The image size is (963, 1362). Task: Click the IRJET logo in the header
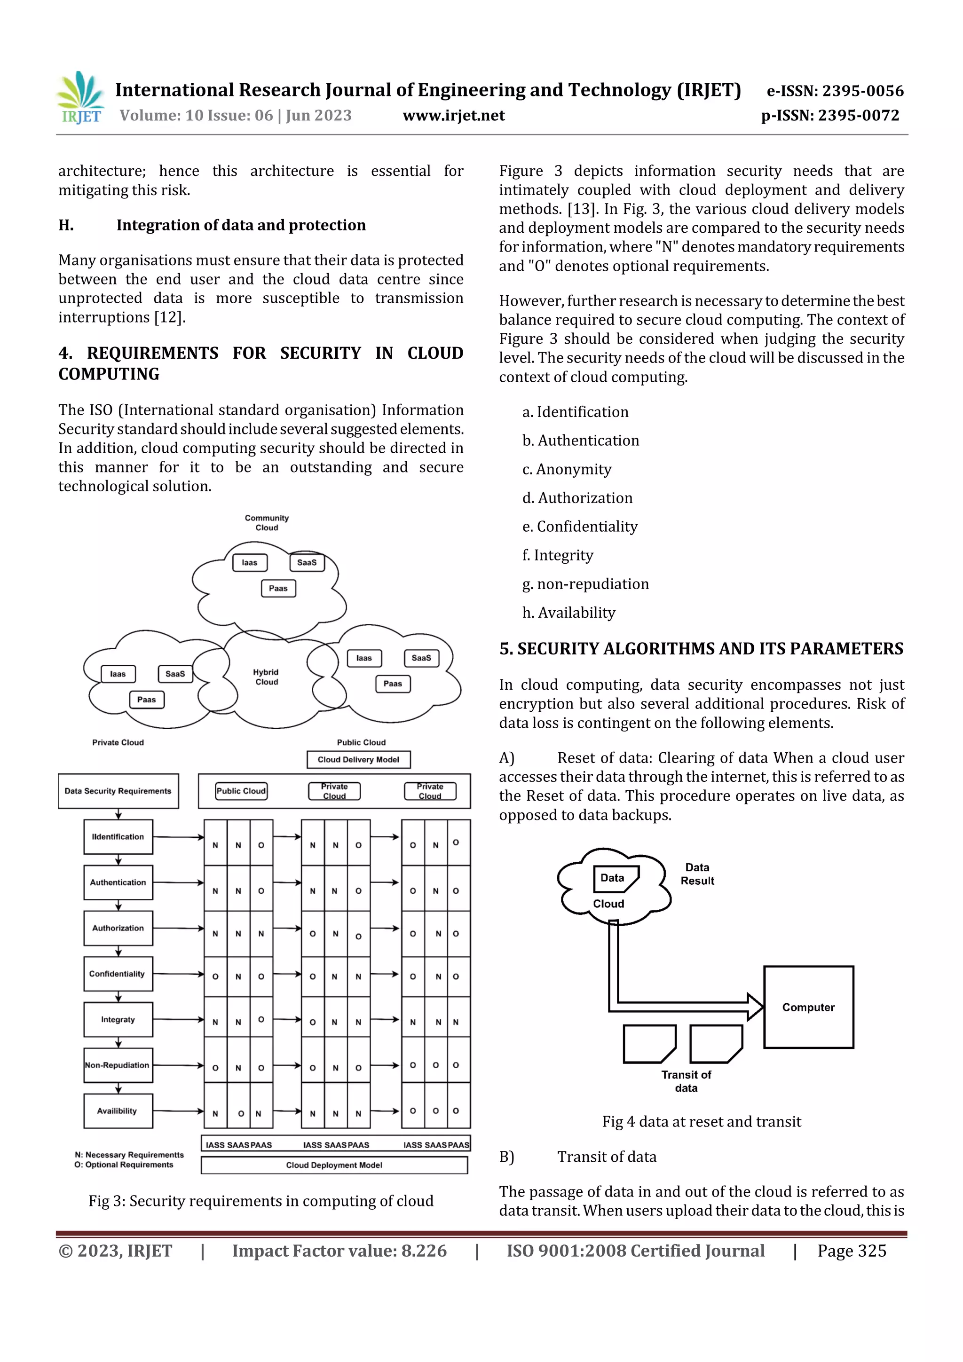point(81,98)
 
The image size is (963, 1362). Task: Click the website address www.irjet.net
point(453,116)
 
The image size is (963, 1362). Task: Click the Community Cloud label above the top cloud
point(267,523)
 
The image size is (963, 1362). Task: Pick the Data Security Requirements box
point(118,791)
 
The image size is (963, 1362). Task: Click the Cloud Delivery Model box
point(358,759)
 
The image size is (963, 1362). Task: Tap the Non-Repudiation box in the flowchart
point(118,1065)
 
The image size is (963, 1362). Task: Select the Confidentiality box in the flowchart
point(118,974)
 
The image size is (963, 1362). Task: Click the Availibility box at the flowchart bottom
point(118,1111)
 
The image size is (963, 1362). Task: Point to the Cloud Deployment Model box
point(334,1165)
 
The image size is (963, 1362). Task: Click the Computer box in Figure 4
point(808,1007)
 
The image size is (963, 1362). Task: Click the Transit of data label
point(686,1081)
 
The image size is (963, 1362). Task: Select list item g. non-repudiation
point(585,584)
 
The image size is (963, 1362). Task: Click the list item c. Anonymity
point(567,469)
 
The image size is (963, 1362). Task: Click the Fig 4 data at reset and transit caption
point(702,1122)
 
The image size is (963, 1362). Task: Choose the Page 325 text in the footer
point(852,1251)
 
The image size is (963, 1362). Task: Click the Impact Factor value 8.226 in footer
point(339,1251)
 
